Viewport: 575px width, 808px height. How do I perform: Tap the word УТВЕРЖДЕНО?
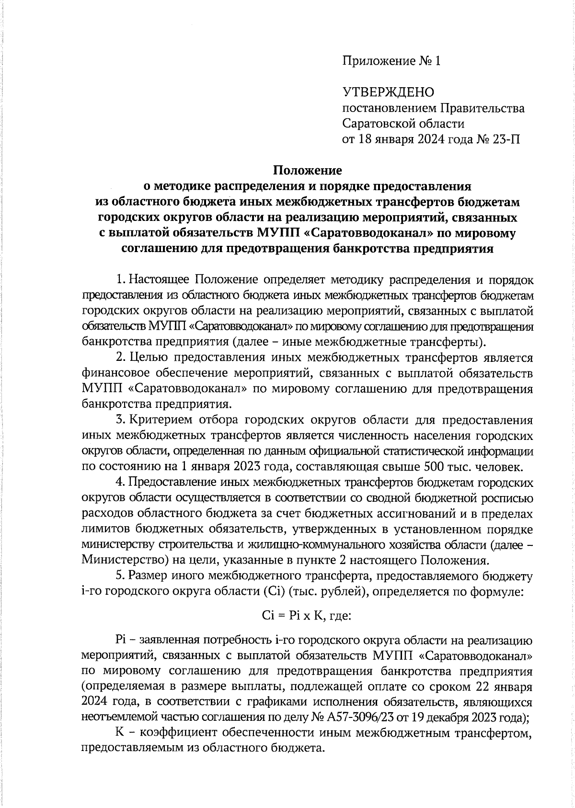(388, 92)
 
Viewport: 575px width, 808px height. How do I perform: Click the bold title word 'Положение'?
(307, 170)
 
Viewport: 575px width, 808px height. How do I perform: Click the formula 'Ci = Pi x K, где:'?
(307, 615)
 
